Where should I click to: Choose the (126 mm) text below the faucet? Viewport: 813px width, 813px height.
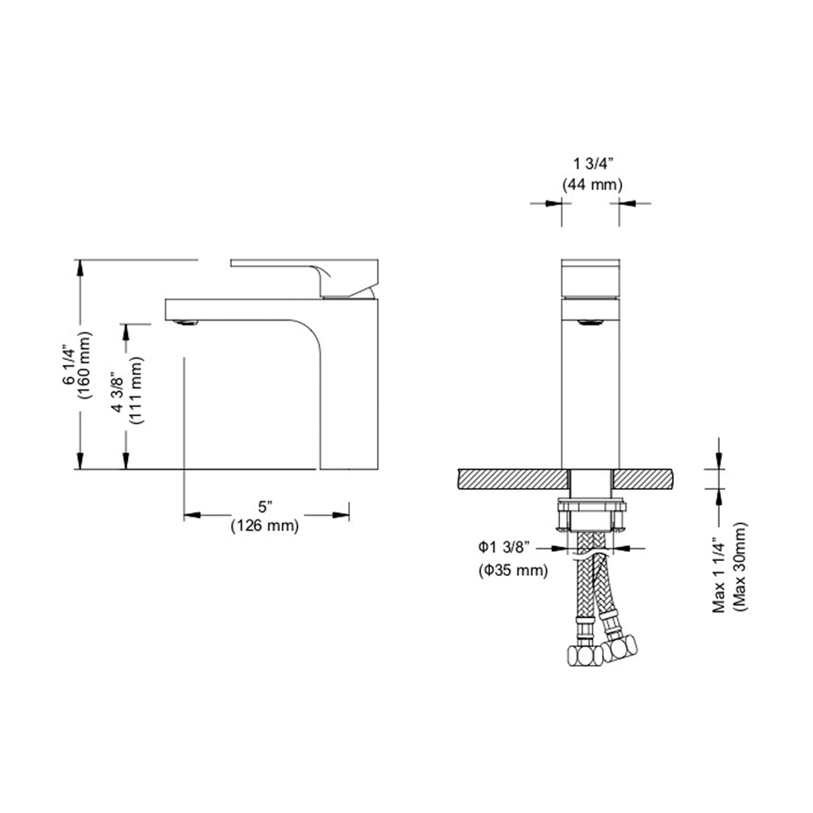click(264, 526)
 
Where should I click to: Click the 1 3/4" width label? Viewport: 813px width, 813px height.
click(591, 163)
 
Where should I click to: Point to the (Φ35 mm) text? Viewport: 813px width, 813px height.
click(513, 571)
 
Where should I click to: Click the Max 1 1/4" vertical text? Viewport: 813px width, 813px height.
click(720, 566)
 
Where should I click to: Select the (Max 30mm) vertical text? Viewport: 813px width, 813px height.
click(741, 566)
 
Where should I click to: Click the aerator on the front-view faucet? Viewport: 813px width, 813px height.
click(591, 322)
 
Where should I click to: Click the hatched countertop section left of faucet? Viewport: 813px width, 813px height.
click(511, 477)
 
